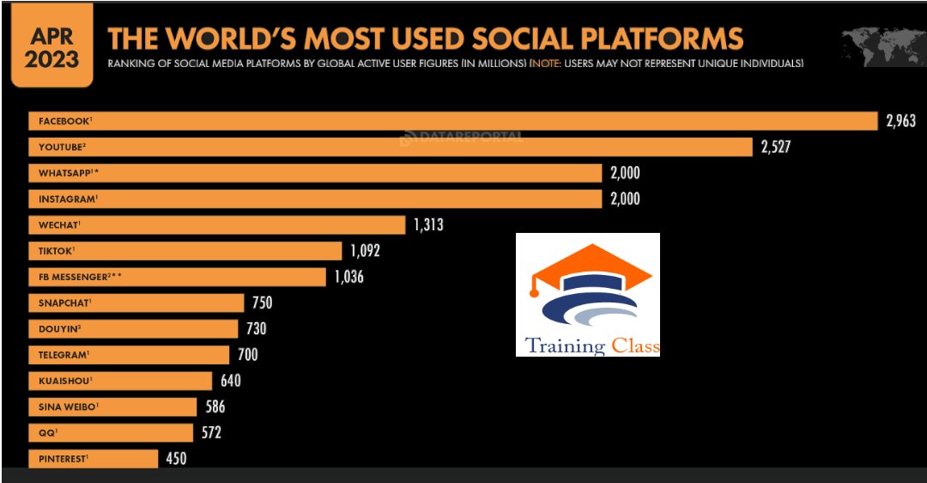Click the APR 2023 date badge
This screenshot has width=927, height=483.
coord(51,48)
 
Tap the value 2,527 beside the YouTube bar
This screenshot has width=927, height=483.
coord(775,147)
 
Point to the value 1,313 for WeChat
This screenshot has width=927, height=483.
coord(428,225)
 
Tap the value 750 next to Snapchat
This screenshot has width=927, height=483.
coord(262,303)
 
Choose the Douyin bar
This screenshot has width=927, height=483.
coord(133,329)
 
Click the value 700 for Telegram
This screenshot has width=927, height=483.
coord(247,354)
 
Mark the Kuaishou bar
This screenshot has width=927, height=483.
coord(120,381)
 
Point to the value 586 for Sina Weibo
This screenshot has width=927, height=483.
coord(215,407)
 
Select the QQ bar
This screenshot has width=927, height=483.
coord(111,432)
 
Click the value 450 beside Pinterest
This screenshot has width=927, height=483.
coord(176,458)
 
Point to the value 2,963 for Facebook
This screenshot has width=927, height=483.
coord(900,121)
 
